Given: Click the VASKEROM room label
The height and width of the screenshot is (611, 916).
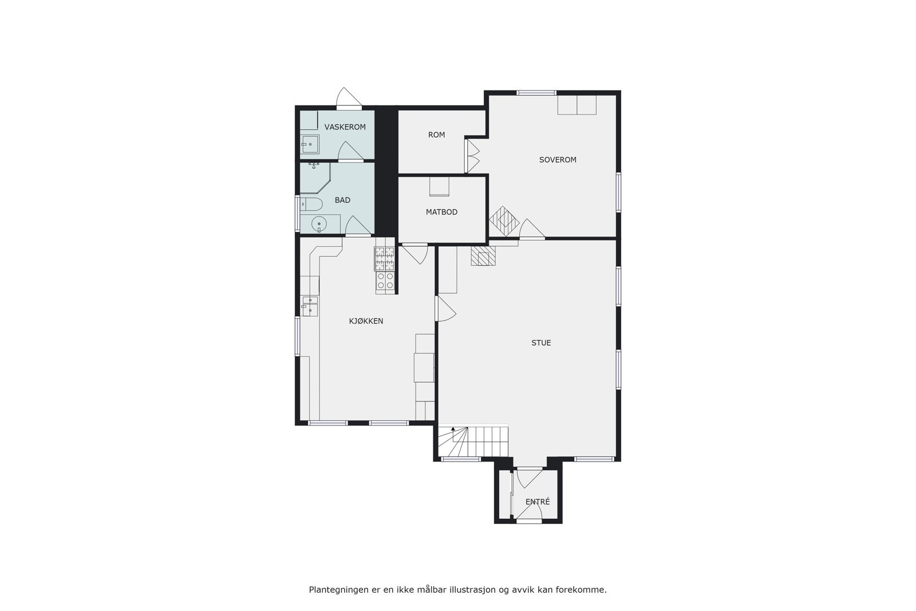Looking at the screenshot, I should pyautogui.click(x=345, y=127).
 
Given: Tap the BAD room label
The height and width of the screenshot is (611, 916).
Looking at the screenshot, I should pyautogui.click(x=342, y=200).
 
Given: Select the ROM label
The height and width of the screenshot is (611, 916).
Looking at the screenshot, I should pyautogui.click(x=436, y=135).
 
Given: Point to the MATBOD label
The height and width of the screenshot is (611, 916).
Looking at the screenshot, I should pyautogui.click(x=441, y=212).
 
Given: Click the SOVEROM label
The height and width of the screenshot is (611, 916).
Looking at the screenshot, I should pyautogui.click(x=558, y=160).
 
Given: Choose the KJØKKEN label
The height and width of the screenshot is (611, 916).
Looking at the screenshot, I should pyautogui.click(x=366, y=321).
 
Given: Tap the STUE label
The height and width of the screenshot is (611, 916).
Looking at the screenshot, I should pyautogui.click(x=541, y=343).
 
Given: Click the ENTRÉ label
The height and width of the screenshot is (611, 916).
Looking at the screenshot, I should pyautogui.click(x=538, y=502).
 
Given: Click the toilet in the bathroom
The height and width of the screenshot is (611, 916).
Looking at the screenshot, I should pyautogui.click(x=309, y=204).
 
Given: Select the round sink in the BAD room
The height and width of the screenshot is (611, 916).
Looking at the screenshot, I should pyautogui.click(x=319, y=224).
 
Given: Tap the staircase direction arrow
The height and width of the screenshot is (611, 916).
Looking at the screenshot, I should pyautogui.click(x=452, y=428).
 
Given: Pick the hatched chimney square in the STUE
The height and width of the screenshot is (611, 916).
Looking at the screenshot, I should pyautogui.click(x=481, y=255).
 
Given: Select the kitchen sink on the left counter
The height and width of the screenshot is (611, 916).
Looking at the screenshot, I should pyautogui.click(x=310, y=306).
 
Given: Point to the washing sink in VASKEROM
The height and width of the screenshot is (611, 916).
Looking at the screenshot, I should pyautogui.click(x=310, y=144).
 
